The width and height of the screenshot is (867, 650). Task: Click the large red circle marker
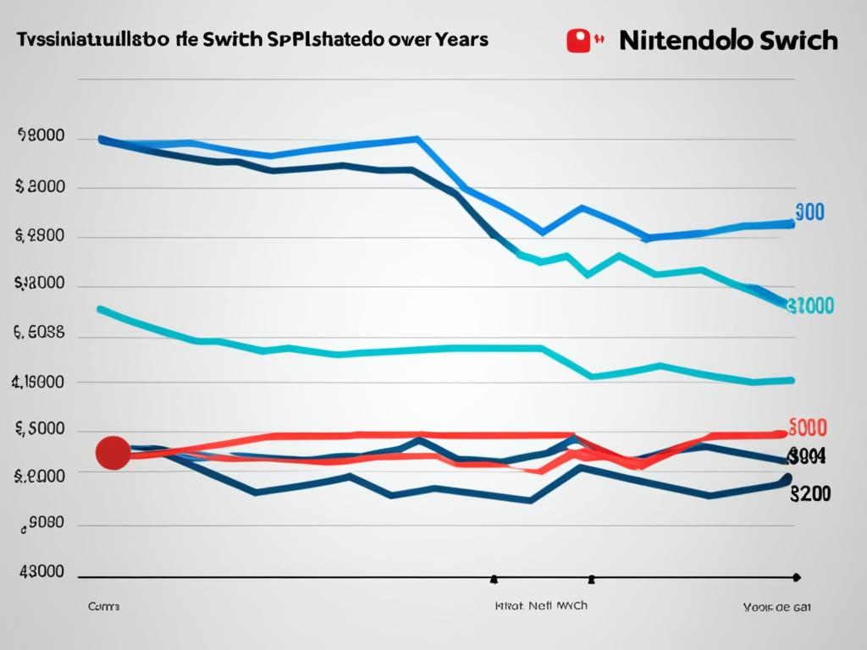[113, 453]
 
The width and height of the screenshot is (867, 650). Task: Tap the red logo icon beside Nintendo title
[578, 41]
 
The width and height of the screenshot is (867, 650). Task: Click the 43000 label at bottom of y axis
[41, 571]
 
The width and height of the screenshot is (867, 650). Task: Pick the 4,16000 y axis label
[38, 382]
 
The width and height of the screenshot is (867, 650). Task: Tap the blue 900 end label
[810, 212]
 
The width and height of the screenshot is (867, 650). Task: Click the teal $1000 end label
[810, 306]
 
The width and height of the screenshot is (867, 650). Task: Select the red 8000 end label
[808, 427]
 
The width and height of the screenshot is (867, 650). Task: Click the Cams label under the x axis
[103, 607]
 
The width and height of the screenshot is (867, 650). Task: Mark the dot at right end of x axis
[796, 577]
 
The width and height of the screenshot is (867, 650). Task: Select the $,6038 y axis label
[40, 333]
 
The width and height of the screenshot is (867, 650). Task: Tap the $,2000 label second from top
[41, 188]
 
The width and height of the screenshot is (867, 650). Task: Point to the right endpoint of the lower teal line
[792, 381]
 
